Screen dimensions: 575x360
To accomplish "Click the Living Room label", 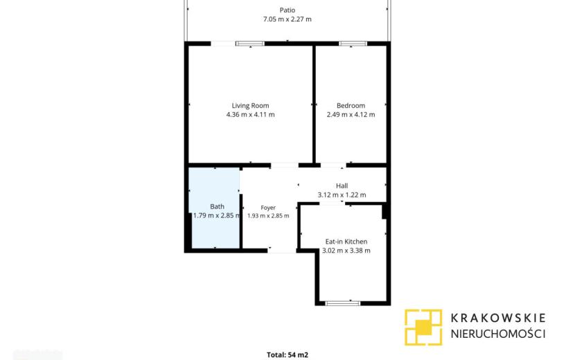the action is click(250, 106).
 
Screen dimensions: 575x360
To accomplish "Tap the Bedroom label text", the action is click(351, 106).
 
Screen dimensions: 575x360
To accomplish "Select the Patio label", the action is click(287, 10).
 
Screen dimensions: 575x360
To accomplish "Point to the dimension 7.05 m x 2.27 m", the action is click(287, 19).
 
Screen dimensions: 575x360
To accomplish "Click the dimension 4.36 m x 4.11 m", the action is click(250, 114).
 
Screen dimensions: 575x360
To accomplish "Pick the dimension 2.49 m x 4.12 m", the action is click(351, 114).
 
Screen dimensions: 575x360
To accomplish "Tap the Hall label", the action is click(342, 186).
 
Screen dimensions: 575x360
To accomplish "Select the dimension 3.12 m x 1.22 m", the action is click(342, 195).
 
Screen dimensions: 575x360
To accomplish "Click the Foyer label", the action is click(268, 208).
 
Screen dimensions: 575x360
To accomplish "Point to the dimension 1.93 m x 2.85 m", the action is click(268, 215).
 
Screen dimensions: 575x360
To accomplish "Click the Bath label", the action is click(217, 207).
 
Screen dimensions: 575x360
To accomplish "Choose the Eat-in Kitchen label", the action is click(346, 242).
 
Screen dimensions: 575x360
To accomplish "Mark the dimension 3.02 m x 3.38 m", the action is click(346, 251).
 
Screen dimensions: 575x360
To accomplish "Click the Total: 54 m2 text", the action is click(287, 355).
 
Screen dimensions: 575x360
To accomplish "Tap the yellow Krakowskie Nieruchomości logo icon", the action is click(423, 327).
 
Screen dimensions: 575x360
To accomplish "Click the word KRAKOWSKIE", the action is click(498, 318).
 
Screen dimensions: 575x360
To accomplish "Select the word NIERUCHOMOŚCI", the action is click(498, 334).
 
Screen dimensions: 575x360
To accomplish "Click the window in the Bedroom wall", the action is click(353, 44).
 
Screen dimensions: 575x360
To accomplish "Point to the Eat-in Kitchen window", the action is click(343, 303).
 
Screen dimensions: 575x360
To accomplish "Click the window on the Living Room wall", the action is click(249, 44).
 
